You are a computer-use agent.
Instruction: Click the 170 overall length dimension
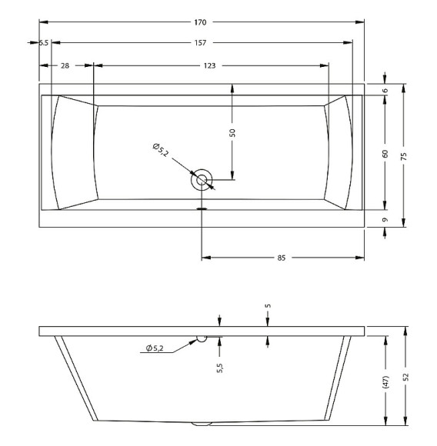point(200,22)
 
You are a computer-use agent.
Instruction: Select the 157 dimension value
point(200,42)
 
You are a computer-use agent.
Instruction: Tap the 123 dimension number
point(210,65)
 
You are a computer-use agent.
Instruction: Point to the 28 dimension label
point(65,65)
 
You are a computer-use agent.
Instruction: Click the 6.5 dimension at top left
point(44,42)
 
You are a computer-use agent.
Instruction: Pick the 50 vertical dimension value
point(232,133)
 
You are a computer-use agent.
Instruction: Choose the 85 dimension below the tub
point(281,258)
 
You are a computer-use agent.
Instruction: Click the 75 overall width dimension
point(404,156)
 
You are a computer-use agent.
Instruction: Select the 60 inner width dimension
point(385,154)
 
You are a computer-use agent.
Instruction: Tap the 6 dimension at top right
point(385,91)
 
